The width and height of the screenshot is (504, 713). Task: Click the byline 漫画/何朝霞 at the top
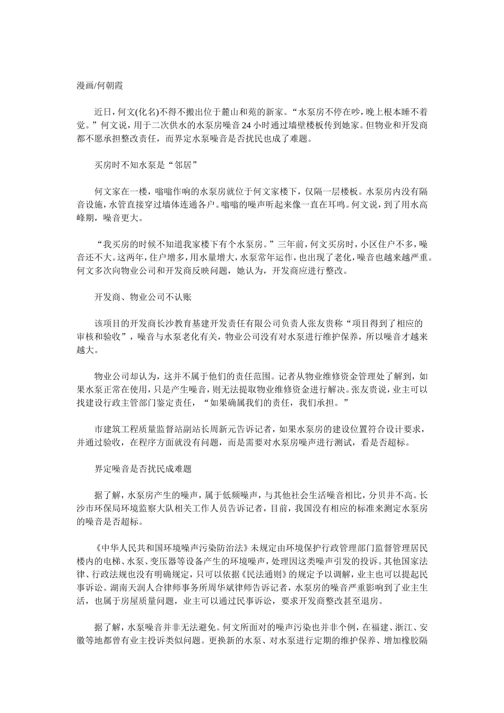tap(100, 85)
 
